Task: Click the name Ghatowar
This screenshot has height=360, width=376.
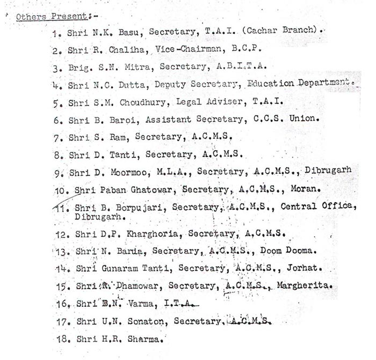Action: point(153,189)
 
